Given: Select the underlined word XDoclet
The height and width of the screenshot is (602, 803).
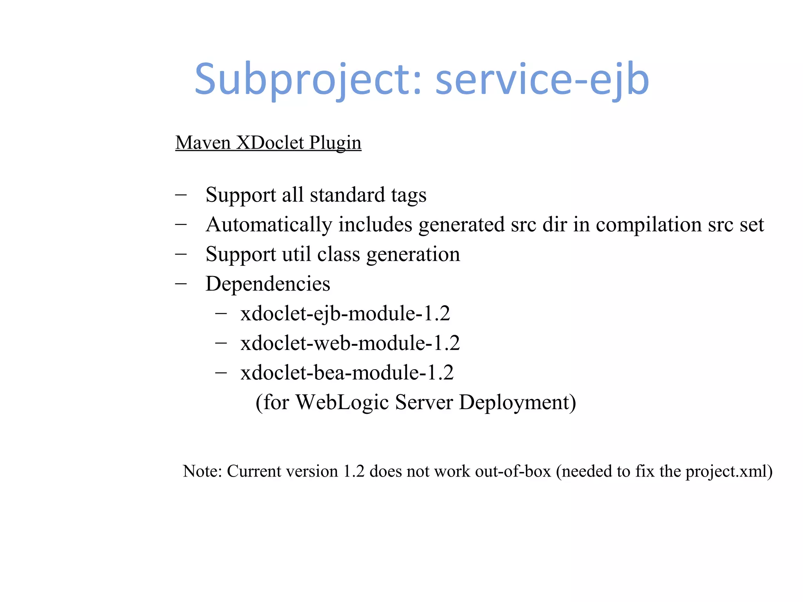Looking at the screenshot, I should (270, 143).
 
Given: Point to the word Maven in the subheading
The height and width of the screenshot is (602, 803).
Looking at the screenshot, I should (203, 143).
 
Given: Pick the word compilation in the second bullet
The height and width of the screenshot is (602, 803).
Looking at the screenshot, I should (649, 225).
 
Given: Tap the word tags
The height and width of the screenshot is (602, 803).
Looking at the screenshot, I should (408, 195).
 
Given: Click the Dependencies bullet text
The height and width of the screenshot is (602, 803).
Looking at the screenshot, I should (268, 284).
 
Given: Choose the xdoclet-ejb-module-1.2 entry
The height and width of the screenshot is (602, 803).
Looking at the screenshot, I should (345, 314).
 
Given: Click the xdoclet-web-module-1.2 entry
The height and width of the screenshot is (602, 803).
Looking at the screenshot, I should (350, 343).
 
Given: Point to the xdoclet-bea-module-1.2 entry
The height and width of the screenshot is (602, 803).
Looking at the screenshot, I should (347, 372).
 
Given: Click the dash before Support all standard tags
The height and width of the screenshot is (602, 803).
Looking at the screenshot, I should (181, 194).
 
